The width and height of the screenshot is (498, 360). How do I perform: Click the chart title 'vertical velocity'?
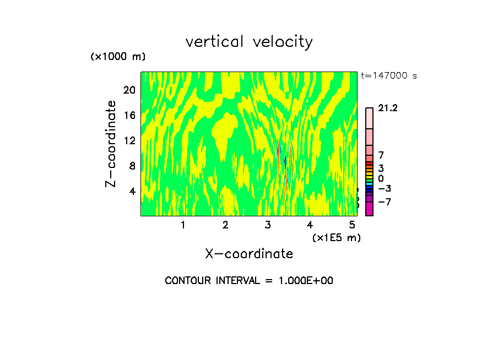pyautogui.click(x=249, y=42)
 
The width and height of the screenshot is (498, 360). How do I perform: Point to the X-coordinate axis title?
pyautogui.click(x=249, y=254)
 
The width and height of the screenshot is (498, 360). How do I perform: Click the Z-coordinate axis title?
pyautogui.click(x=111, y=143)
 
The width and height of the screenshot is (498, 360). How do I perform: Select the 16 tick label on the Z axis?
pyautogui.click(x=129, y=115)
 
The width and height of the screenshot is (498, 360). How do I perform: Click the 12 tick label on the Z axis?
pyautogui.click(x=129, y=140)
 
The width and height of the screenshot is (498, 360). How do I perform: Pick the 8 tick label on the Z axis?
pyautogui.click(x=132, y=166)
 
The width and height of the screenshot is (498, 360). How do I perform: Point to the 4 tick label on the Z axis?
pyautogui.click(x=132, y=191)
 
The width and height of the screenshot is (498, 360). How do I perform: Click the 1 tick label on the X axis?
pyautogui.click(x=183, y=225)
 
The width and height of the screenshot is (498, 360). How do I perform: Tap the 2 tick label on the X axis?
pyautogui.click(x=225, y=225)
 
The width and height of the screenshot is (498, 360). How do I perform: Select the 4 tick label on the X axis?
pyautogui.click(x=310, y=225)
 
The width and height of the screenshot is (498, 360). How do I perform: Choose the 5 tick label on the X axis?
pyautogui.click(x=352, y=225)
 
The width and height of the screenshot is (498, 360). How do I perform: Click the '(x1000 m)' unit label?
pyautogui.click(x=117, y=57)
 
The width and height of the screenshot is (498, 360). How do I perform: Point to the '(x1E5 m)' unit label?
pyautogui.click(x=336, y=237)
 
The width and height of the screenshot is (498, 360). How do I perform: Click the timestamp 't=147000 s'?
pyautogui.click(x=389, y=76)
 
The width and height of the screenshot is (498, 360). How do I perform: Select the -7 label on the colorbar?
pyautogui.click(x=385, y=202)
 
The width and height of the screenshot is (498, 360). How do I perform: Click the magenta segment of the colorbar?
pyautogui.click(x=369, y=209)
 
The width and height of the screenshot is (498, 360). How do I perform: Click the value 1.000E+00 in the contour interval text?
pyautogui.click(x=303, y=281)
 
